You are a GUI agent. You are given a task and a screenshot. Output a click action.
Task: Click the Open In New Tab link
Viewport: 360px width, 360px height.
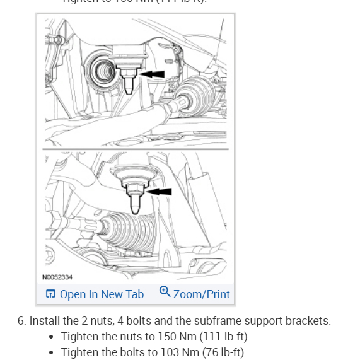pyautogui.click(x=102, y=294)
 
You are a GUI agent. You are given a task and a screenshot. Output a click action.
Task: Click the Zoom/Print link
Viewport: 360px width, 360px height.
pyautogui.click(x=201, y=294)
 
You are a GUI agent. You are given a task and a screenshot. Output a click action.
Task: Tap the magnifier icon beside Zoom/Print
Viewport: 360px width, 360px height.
pyautogui.click(x=165, y=291)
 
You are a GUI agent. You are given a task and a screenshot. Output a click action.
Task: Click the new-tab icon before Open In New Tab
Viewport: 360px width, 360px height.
pyautogui.click(x=51, y=294)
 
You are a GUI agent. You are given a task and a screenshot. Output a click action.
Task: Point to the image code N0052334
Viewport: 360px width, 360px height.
pyautogui.click(x=57, y=277)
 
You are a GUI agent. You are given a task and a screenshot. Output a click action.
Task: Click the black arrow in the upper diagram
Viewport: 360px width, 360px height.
pyautogui.click(x=151, y=74)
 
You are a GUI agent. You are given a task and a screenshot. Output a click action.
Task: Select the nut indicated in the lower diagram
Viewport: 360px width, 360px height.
pyautogui.click(x=134, y=191)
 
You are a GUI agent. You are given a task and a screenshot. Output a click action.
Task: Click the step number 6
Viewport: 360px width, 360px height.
pyautogui.click(x=21, y=321)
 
